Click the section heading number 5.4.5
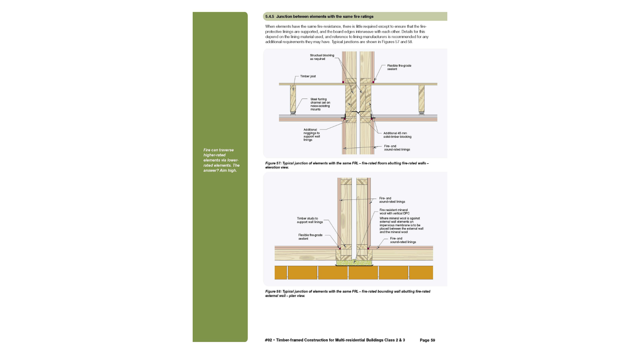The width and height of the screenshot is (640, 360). pyautogui.click(x=269, y=17)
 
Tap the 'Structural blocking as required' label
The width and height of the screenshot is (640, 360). pyautogui.click(x=322, y=57)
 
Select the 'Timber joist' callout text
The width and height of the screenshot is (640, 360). pyautogui.click(x=308, y=76)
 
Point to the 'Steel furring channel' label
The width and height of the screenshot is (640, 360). pyautogui.click(x=320, y=104)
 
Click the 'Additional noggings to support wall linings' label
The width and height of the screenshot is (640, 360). pyautogui.click(x=311, y=135)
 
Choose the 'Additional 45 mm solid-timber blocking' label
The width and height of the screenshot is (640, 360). pyautogui.click(x=397, y=135)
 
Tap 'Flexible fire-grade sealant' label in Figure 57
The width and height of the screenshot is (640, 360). pyautogui.click(x=399, y=67)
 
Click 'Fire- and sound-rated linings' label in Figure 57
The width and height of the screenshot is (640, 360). pyautogui.click(x=397, y=148)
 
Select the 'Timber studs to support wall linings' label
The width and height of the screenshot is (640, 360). pyautogui.click(x=310, y=220)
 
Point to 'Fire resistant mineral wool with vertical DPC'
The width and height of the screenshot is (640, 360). pyautogui.click(x=394, y=212)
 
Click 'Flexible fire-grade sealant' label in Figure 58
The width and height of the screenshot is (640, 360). pyautogui.click(x=310, y=237)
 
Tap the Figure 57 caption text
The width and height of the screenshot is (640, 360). pyautogui.click(x=347, y=165)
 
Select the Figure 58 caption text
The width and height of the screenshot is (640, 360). pyautogui.click(x=347, y=293)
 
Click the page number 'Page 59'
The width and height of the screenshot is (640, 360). pyautogui.click(x=427, y=340)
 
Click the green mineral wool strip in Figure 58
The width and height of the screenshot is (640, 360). pyautogui.click(x=354, y=263)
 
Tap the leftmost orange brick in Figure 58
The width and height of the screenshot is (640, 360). pyautogui.click(x=281, y=273)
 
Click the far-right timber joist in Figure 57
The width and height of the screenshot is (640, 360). pyautogui.click(x=421, y=98)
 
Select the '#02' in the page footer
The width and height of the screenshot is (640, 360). pyautogui.click(x=268, y=340)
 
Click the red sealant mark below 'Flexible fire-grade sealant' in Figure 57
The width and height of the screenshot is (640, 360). pyautogui.click(x=373, y=82)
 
